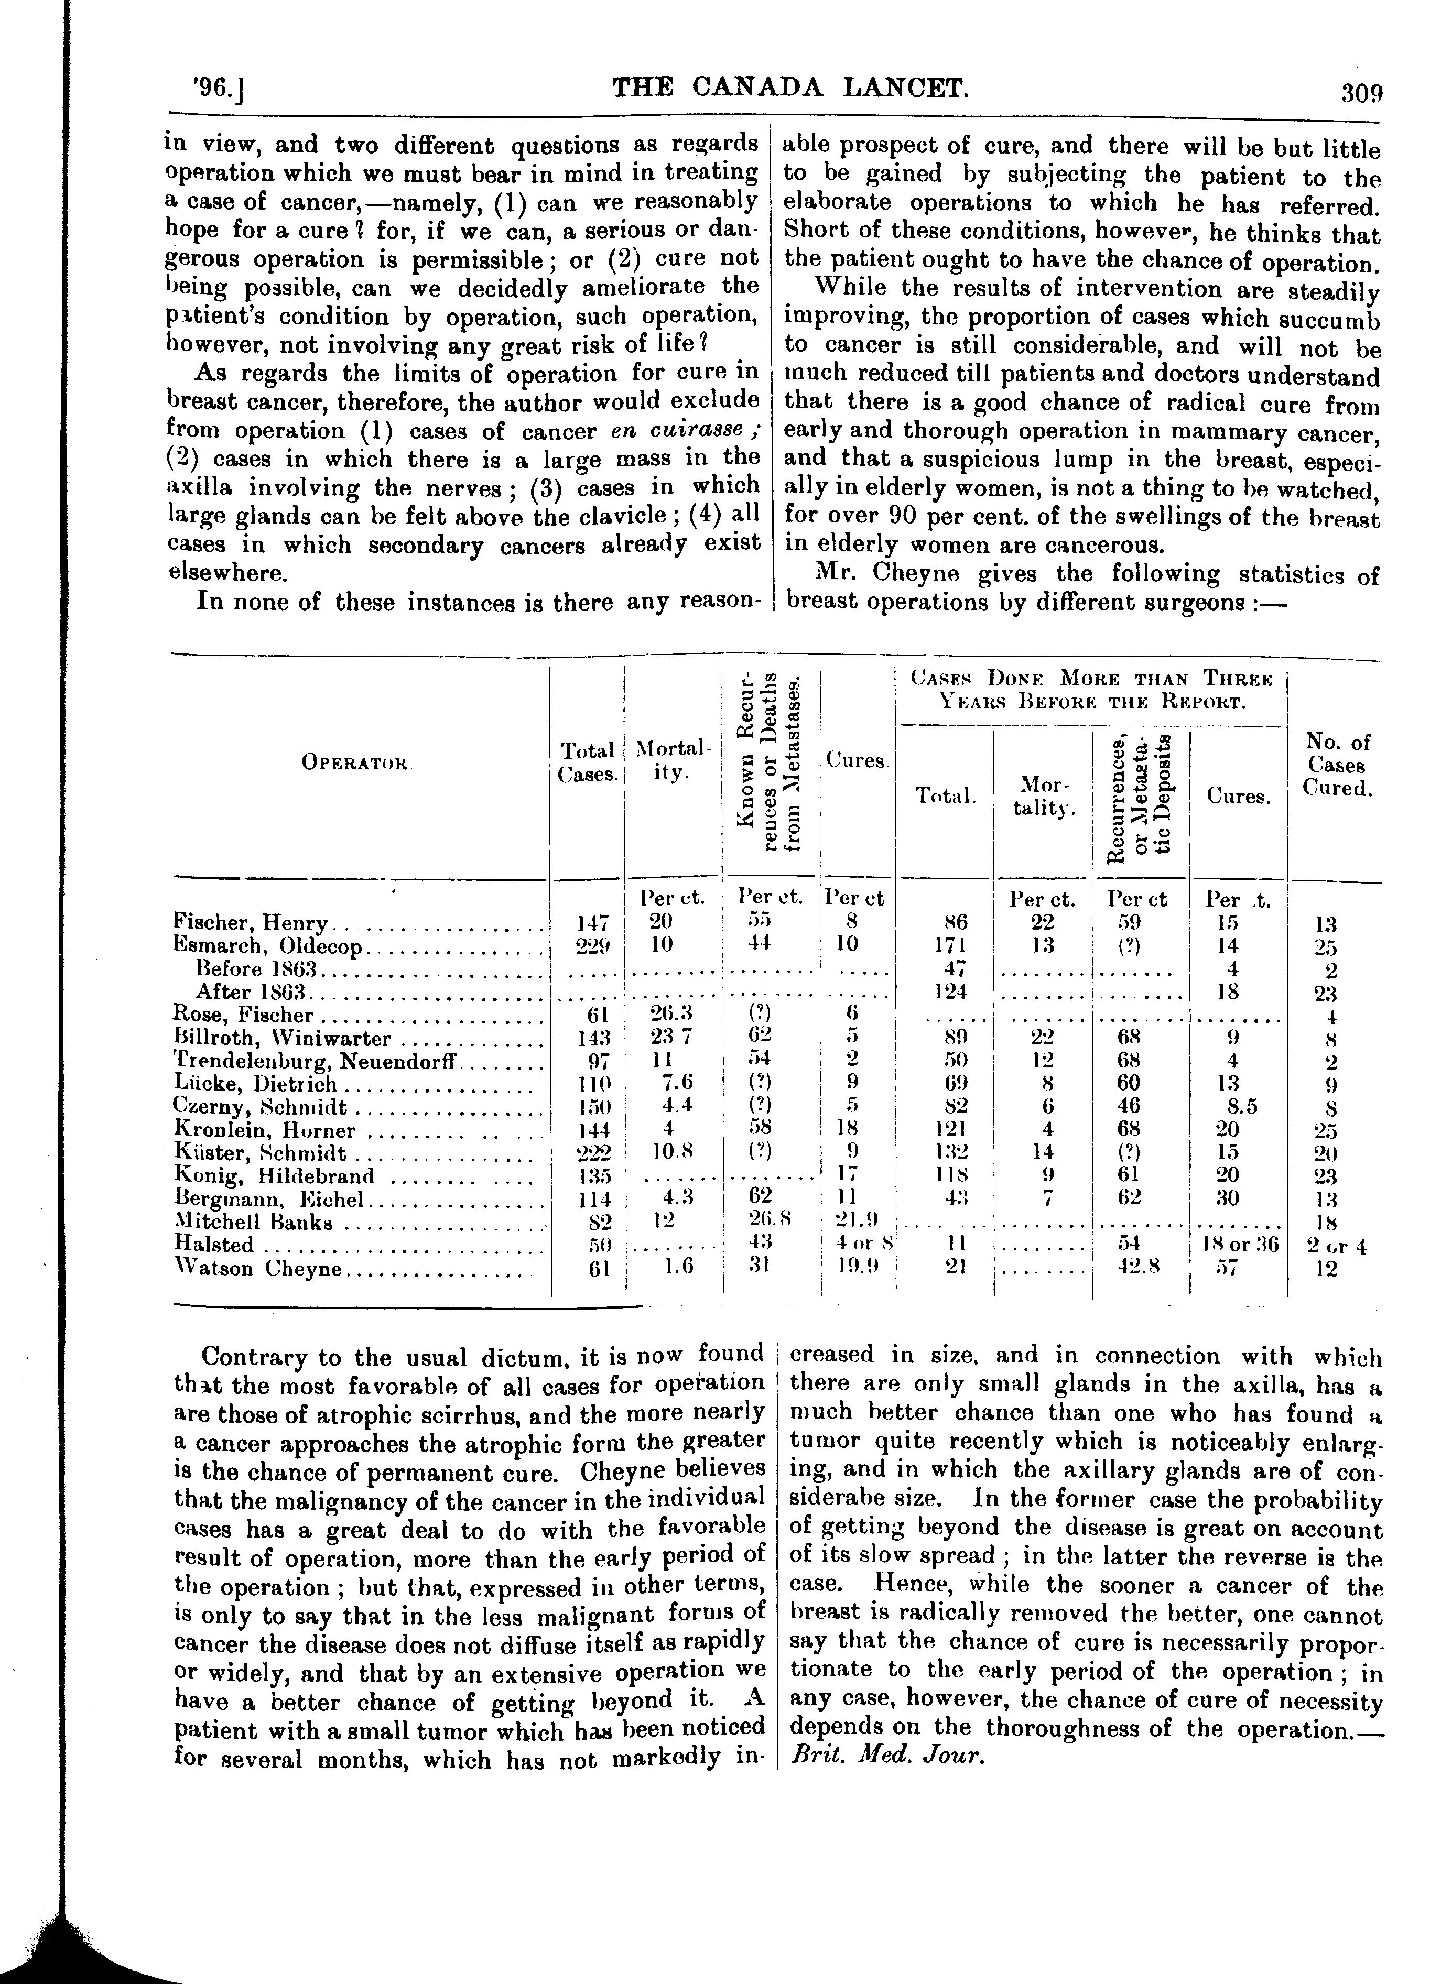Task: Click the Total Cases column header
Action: tap(587, 762)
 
